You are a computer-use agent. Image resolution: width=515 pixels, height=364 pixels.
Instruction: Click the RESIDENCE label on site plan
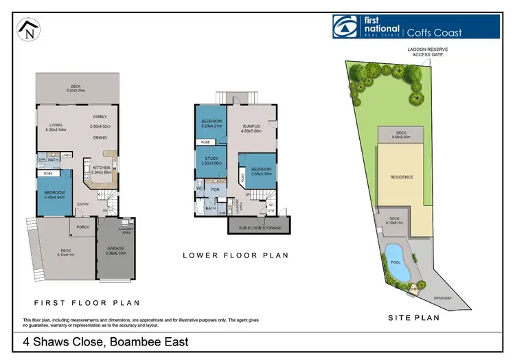(402, 177)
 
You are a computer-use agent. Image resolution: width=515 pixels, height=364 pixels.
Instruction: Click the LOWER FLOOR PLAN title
(236, 255)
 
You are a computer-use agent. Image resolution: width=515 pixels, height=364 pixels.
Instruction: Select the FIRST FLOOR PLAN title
(87, 302)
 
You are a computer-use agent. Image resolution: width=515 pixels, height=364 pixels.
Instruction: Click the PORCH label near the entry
(83, 227)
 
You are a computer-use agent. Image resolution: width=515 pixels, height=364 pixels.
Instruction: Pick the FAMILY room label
(100, 117)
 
